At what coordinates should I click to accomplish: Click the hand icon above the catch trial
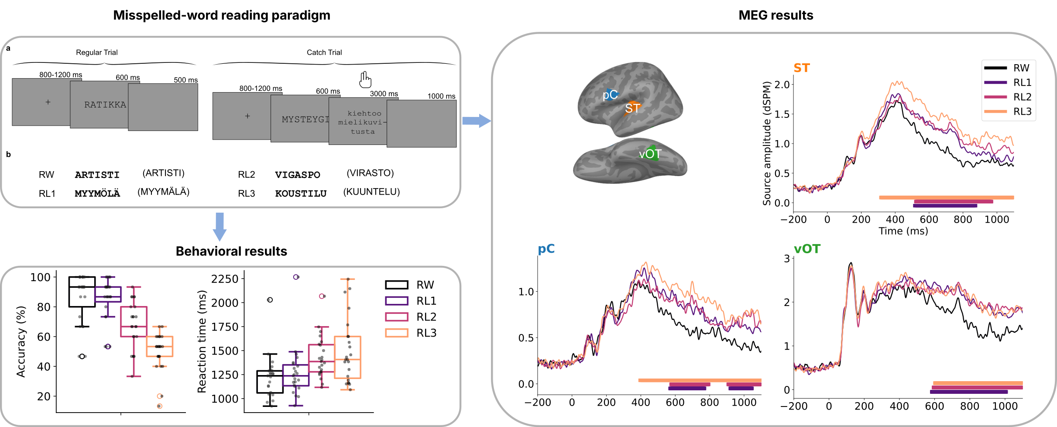tap(365, 79)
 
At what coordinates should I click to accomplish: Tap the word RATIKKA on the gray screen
tap(105, 105)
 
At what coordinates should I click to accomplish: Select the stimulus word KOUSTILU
tap(301, 193)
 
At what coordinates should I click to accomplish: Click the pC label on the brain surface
tap(610, 95)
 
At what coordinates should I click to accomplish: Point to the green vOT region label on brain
tap(650, 154)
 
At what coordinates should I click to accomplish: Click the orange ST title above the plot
tap(801, 68)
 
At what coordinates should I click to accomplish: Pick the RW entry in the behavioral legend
tap(425, 285)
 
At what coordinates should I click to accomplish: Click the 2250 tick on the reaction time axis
tap(225, 279)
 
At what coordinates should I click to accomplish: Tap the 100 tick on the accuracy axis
tap(40, 277)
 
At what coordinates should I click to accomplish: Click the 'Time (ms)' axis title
tap(903, 231)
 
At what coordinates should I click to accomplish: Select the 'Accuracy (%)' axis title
tap(21, 341)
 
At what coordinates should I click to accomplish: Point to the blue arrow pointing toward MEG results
tap(476, 121)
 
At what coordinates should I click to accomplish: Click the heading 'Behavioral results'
tap(231, 251)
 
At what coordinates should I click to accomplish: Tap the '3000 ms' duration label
tap(384, 94)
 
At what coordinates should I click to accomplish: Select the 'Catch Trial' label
tap(324, 52)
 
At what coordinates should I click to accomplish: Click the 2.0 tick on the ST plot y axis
tap(782, 84)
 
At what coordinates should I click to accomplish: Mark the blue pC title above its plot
tap(546, 249)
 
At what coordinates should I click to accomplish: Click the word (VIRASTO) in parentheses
tap(370, 173)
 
